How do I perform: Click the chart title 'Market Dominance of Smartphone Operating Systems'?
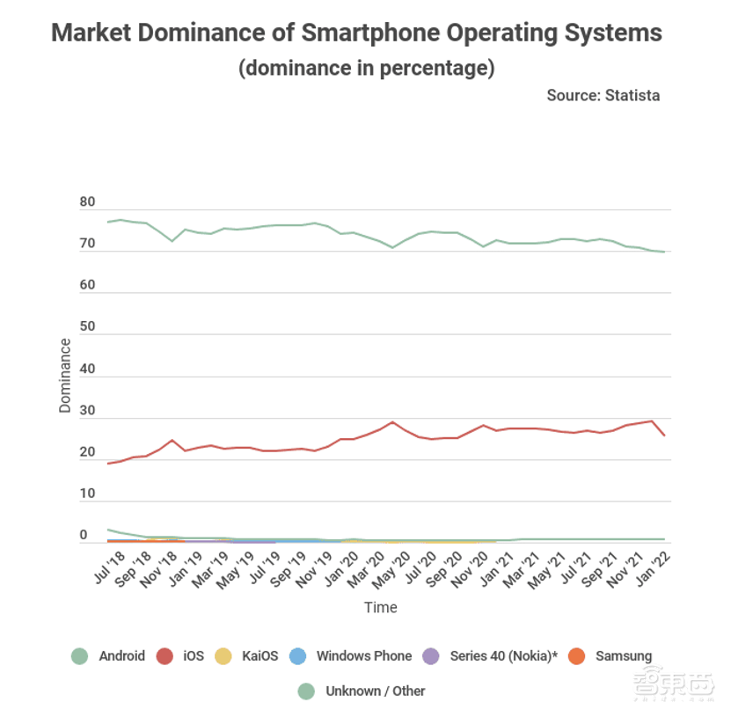[356, 33]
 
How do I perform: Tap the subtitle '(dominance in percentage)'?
[366, 68]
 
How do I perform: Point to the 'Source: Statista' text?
[603, 95]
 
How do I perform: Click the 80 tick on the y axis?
[87, 202]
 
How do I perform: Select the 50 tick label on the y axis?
[87, 327]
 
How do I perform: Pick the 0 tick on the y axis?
[84, 535]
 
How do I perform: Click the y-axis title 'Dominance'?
[65, 376]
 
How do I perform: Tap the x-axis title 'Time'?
[381, 607]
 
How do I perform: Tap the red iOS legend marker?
[164, 655]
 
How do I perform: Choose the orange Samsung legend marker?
[576, 655]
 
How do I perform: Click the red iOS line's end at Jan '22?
[664, 435]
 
